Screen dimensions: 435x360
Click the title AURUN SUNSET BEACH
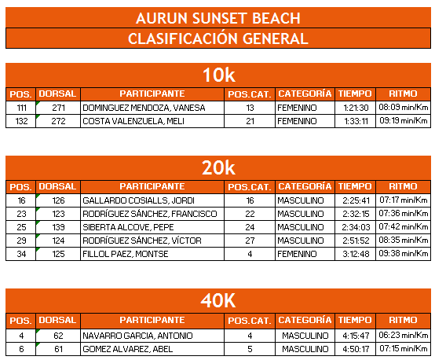click(x=217, y=18)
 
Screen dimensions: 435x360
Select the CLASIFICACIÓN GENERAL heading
click(x=217, y=39)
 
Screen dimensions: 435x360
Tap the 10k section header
click(x=217, y=75)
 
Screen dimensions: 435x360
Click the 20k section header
click(x=217, y=167)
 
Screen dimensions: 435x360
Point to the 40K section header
click(x=217, y=301)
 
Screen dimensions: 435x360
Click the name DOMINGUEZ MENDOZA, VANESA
click(x=136, y=108)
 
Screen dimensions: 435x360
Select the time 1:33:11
click(x=356, y=121)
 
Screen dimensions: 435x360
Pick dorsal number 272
click(x=58, y=121)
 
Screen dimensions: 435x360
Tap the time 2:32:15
click(x=356, y=214)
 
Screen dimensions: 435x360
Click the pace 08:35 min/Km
click(x=403, y=241)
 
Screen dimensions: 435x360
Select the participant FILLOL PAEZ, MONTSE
click(x=126, y=254)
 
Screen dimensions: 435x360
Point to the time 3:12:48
click(x=356, y=254)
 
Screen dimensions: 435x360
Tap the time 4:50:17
click(x=356, y=348)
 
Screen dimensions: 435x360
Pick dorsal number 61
click(x=58, y=348)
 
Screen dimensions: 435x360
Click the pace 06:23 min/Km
click(x=403, y=335)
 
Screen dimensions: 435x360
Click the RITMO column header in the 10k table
click(x=403, y=94)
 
